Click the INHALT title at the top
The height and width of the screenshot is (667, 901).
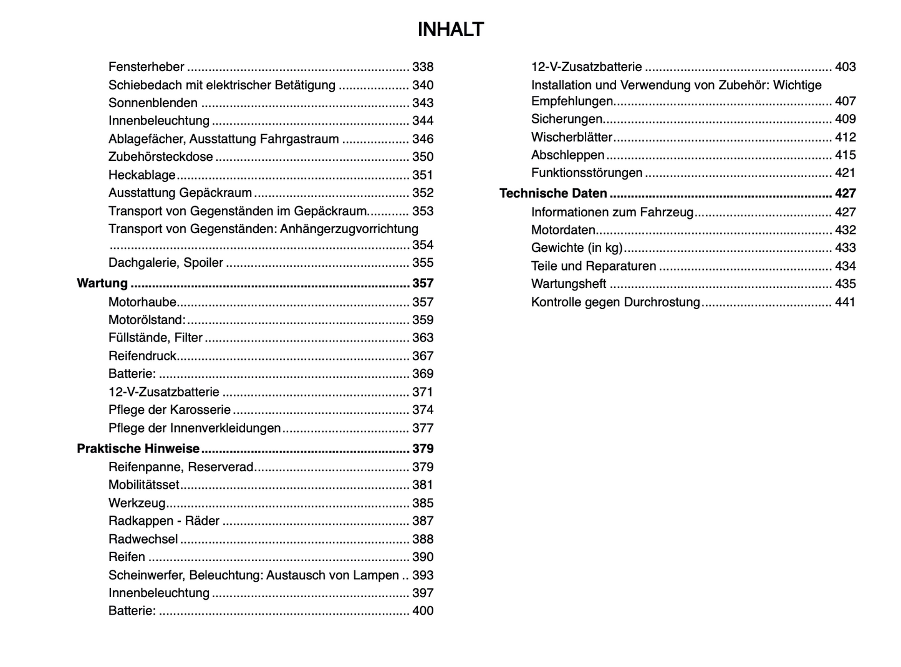click(x=450, y=30)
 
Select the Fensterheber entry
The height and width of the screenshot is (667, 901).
click(x=147, y=67)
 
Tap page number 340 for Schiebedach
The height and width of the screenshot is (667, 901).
click(x=423, y=85)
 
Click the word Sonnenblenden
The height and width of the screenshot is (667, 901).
click(x=153, y=103)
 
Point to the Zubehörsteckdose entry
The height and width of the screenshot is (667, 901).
click(x=161, y=156)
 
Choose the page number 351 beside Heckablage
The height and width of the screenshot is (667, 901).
click(x=423, y=175)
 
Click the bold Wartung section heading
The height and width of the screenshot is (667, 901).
click(x=102, y=283)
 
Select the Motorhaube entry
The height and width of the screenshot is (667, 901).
click(x=142, y=302)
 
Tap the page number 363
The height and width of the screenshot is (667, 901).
click(x=423, y=338)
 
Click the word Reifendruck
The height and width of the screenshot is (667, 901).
click(x=142, y=356)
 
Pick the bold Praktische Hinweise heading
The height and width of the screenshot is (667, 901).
click(x=138, y=449)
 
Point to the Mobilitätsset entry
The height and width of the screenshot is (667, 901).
click(x=144, y=485)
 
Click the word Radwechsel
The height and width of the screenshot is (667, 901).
click(x=143, y=539)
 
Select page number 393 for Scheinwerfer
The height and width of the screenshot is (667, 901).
click(x=423, y=575)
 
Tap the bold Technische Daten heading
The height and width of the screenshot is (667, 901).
click(x=553, y=193)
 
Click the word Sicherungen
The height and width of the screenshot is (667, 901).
click(x=567, y=119)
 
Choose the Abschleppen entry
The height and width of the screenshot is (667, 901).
click(x=568, y=155)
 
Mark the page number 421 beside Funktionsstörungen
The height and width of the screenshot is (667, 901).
click(x=846, y=173)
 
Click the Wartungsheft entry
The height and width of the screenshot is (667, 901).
click(x=569, y=284)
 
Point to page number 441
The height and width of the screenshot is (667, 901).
click(x=846, y=302)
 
